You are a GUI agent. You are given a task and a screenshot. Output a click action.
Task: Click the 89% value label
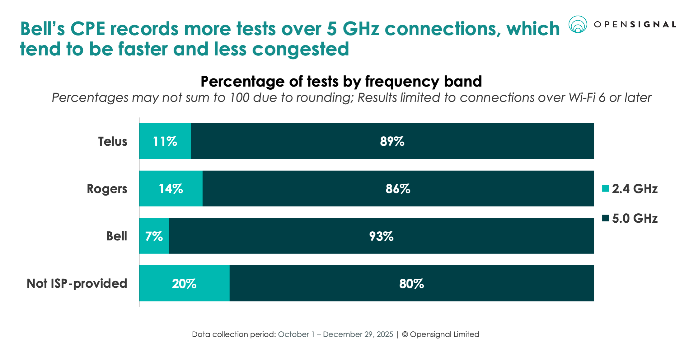pos(392,141)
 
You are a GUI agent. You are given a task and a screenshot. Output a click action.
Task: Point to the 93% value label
pos(381,236)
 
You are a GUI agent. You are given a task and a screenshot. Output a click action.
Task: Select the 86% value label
pos(398,189)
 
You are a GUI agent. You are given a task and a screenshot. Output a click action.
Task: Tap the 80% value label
pos(411,284)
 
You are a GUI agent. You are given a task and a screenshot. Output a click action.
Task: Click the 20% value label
pos(184,284)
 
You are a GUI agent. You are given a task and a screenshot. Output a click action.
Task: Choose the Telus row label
pos(113,141)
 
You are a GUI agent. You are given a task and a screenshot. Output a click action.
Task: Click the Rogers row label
pos(107,189)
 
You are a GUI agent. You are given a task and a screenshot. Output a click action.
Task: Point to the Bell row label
pos(117,236)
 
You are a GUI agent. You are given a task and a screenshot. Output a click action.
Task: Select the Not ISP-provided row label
pos(77,283)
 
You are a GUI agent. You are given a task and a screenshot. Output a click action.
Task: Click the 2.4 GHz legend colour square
pos(606,188)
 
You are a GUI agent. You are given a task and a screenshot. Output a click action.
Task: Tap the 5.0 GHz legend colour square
pos(606,218)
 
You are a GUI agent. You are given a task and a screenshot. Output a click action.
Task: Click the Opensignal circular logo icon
pos(578,24)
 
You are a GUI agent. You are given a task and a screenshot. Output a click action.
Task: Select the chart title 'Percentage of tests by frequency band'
pos(341,82)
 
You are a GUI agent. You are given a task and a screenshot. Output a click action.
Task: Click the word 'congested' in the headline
pos(300,49)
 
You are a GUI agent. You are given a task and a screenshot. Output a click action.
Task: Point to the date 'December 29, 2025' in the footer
pos(358,334)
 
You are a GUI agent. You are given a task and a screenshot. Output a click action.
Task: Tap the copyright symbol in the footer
pos(405,334)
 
